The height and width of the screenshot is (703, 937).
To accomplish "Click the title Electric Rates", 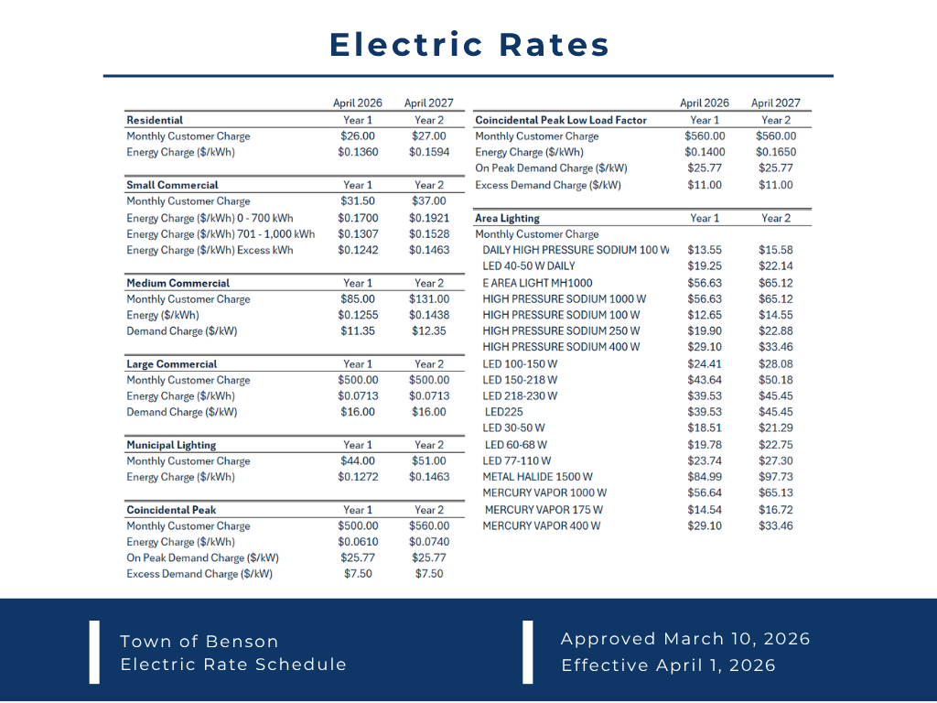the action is (x=468, y=45).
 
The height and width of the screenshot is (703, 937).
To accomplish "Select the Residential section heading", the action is (x=155, y=120).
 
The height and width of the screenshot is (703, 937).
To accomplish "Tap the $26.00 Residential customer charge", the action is (x=357, y=136).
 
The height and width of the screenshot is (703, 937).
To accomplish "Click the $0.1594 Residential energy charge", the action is (x=429, y=152).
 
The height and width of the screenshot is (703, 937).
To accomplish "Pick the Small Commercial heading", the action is (x=172, y=185).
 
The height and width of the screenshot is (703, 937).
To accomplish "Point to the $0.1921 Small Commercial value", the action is (x=429, y=218).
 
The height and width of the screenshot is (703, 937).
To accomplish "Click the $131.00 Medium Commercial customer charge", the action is (x=429, y=299).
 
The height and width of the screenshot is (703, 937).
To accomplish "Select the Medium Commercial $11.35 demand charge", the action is (x=357, y=331).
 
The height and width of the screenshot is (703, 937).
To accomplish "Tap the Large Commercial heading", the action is (x=172, y=364).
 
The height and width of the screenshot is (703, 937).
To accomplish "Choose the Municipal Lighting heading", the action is (x=171, y=445).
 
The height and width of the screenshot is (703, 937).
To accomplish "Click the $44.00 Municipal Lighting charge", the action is (x=357, y=461).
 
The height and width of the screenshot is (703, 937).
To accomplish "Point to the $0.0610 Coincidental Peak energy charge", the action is (x=357, y=542).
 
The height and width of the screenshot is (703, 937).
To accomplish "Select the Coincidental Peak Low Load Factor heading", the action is (x=561, y=120).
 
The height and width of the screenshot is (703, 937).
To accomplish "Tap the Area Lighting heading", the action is (x=507, y=218).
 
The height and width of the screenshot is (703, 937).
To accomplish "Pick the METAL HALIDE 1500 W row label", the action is (x=537, y=477).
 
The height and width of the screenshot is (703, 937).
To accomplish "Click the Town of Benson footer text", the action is (x=199, y=641).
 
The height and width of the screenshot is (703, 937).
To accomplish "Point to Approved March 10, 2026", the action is (x=685, y=639).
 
